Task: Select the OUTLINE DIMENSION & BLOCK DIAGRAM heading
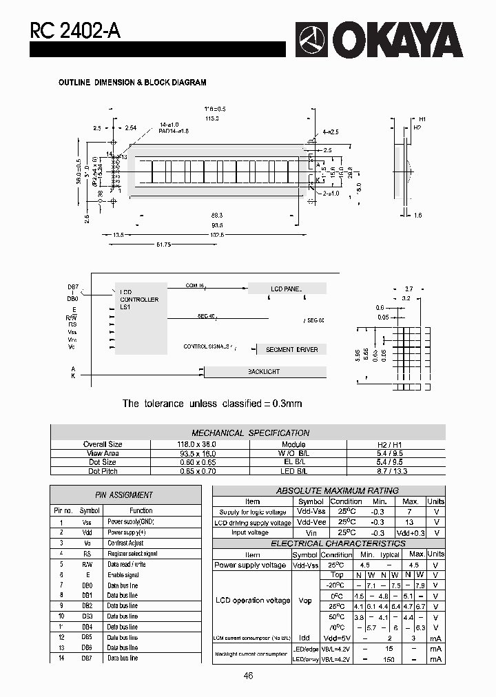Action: point(132,83)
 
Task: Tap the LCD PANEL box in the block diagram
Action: point(287,289)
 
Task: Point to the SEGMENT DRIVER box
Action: point(291,350)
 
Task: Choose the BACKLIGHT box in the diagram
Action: point(264,372)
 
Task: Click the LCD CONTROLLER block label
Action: point(139,300)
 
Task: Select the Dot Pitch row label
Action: point(103,471)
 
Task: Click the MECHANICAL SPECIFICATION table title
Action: point(250,433)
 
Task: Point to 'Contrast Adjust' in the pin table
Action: point(125,543)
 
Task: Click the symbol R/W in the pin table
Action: point(86,564)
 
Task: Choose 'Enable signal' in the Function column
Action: point(123,574)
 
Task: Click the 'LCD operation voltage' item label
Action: point(253,601)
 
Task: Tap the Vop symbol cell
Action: point(305,601)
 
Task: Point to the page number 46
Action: point(248,676)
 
